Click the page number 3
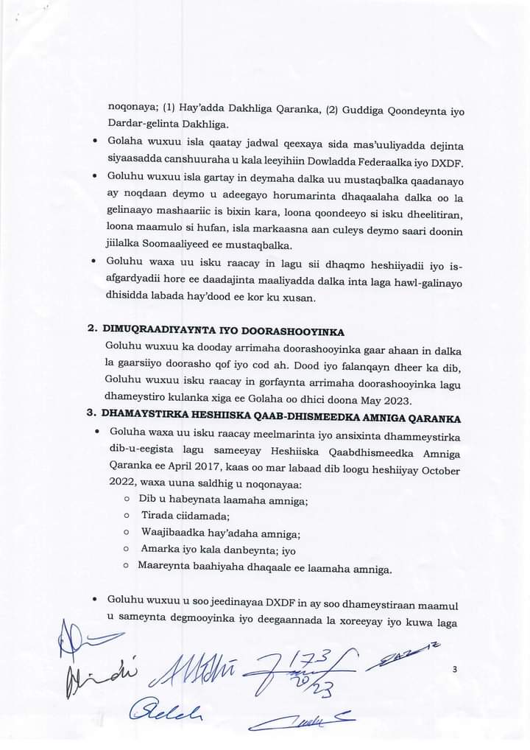pyautogui.click(x=456, y=669)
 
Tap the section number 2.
pyautogui.click(x=92, y=329)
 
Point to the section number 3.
pyautogui.click(x=92, y=418)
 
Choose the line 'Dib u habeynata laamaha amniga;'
pyautogui.click(x=224, y=500)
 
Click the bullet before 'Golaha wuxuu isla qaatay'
pyautogui.click(x=96, y=141)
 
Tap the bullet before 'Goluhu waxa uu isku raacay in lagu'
pyautogui.click(x=96, y=262)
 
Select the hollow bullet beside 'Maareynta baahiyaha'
pyautogui.click(x=128, y=568)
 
